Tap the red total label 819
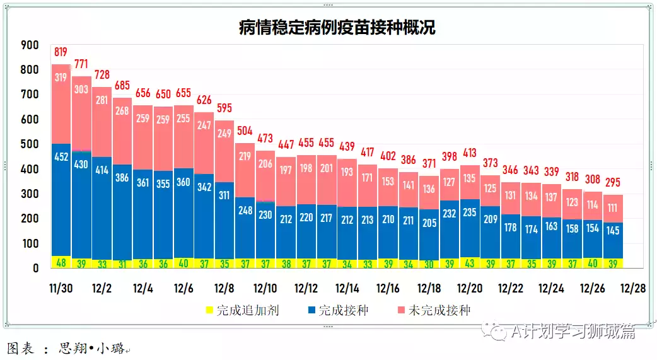tap(61, 52)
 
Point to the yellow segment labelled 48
tap(61, 263)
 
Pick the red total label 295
tap(613, 183)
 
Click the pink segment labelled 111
tap(613, 208)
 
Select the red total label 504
tap(245, 131)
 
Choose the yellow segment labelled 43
tap(470, 262)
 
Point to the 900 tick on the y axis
tap(30, 45)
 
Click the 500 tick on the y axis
tap(30, 144)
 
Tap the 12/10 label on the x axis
tap(265, 289)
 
